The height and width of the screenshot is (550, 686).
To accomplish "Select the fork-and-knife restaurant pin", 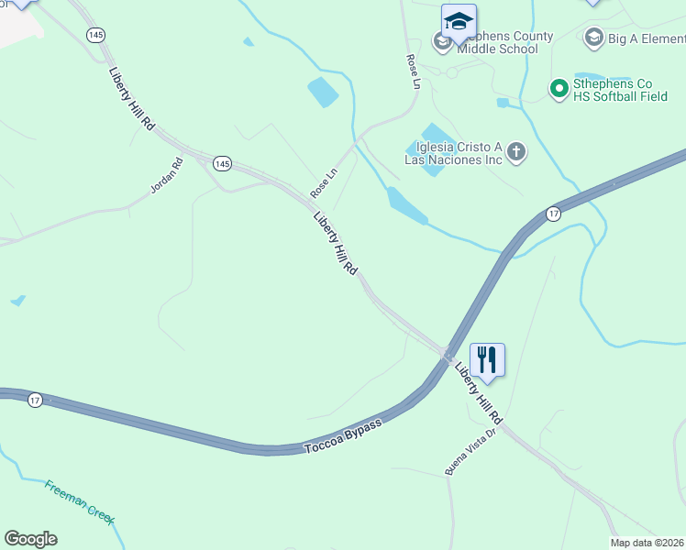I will tap(487, 359).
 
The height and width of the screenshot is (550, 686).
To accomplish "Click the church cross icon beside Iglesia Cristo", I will tap(516, 151).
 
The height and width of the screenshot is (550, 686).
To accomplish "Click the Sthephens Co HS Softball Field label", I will tap(620, 89).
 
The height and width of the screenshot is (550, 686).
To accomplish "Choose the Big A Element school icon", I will tap(593, 38).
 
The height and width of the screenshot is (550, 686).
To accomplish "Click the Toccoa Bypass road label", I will tap(343, 436).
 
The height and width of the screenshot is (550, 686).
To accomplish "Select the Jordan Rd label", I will tap(167, 175).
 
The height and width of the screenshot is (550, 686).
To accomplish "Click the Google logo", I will tap(30, 538).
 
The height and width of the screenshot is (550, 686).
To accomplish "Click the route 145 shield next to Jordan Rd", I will tap(221, 163).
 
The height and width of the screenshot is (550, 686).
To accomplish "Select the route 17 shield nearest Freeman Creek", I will tap(35, 400).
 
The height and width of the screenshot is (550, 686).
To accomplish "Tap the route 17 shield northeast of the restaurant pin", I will tap(553, 214).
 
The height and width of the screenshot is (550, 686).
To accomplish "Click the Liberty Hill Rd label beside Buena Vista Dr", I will tap(480, 391).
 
